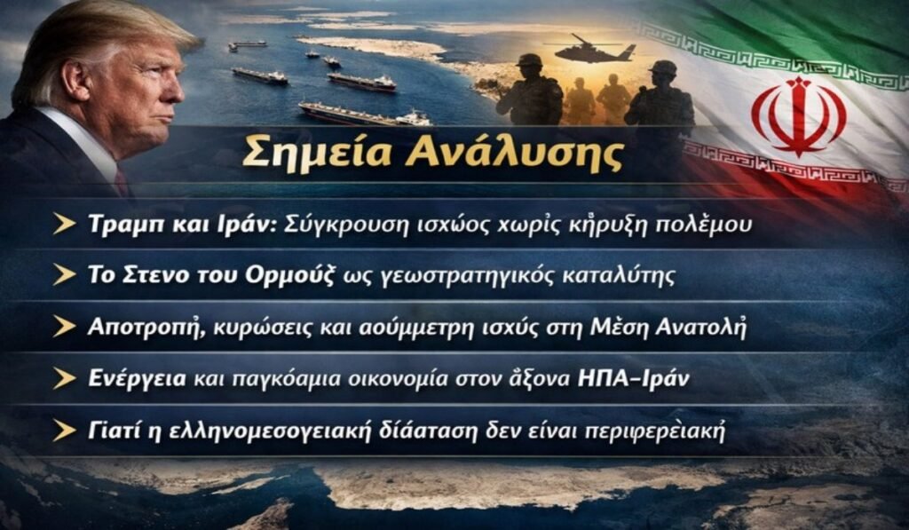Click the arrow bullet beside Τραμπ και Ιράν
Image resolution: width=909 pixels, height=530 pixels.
click(64, 225)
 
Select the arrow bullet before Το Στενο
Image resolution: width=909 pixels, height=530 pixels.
click(64, 275)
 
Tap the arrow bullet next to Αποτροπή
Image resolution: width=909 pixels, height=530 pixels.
click(64, 326)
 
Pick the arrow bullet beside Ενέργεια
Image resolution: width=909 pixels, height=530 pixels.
click(64, 378)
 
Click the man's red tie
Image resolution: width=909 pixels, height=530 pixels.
click(121, 182)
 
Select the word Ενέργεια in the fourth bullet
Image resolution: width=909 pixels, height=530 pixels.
click(137, 378)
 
